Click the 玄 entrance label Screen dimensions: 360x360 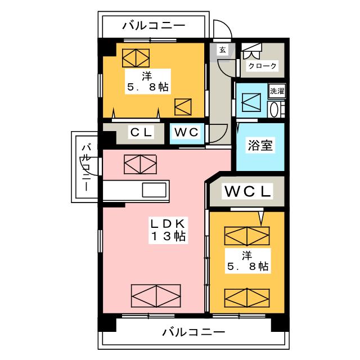point(223,50)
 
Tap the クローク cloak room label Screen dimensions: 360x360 point(263,66)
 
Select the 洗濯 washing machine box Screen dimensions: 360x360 point(277,91)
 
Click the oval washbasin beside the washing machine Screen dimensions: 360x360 point(274,110)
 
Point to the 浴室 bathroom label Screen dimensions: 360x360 point(260,145)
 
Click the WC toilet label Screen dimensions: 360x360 point(186,133)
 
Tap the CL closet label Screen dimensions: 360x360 point(141,133)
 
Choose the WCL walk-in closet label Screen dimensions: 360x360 point(247,191)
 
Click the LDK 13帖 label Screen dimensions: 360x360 point(168,229)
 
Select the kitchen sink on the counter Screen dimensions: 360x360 point(154,190)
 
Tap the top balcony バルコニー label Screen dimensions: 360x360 point(154,25)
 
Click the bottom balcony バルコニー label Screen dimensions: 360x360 point(193,332)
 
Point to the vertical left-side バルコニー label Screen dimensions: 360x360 point(87,167)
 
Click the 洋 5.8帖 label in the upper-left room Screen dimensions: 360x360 point(147,82)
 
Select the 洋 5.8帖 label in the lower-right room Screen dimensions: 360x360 point(247,261)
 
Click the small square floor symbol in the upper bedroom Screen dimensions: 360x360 point(183,107)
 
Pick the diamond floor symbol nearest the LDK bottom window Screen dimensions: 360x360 point(156,296)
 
